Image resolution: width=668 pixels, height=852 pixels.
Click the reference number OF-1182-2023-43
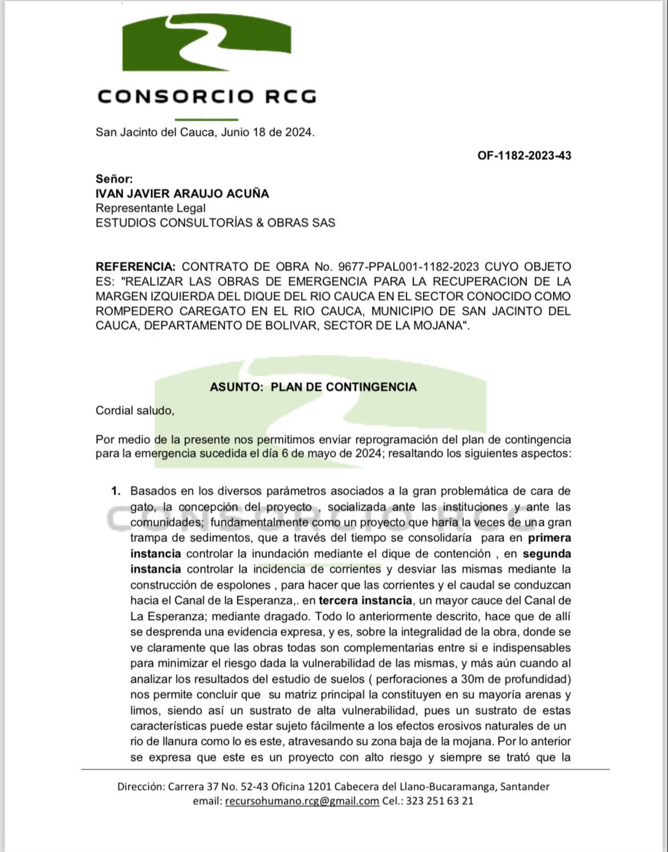click(x=524, y=156)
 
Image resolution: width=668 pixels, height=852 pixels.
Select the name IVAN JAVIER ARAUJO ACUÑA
click(x=182, y=193)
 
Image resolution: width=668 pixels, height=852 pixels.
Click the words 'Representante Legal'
click(x=151, y=208)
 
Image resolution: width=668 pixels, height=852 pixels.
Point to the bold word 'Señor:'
click(x=114, y=179)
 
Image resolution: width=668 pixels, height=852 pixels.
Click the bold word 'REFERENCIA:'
click(x=136, y=267)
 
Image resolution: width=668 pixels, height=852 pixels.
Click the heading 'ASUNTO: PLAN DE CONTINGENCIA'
click(x=313, y=387)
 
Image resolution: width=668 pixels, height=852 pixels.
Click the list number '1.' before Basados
click(x=116, y=491)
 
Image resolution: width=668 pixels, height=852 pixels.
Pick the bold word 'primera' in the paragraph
click(x=549, y=538)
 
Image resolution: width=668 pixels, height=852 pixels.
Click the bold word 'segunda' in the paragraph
click(x=546, y=554)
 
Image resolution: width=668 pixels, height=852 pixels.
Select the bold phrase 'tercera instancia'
click(x=365, y=601)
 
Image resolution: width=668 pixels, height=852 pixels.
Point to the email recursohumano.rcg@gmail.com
click(x=302, y=801)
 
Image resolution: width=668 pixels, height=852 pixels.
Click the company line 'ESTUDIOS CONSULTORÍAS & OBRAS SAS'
click(x=215, y=223)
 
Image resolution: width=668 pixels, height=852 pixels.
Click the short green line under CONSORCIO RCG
click(x=206, y=119)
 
